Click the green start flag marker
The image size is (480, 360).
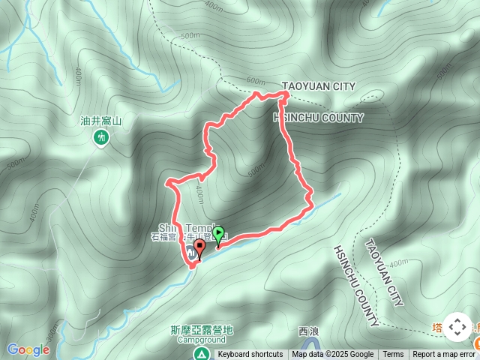[218, 235]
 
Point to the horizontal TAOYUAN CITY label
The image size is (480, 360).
[318, 87]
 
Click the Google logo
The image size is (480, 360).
[28, 349]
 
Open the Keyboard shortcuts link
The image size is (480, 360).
[250, 355]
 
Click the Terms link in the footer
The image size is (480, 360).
[393, 355]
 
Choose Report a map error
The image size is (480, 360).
[443, 355]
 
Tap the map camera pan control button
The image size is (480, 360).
[457, 327]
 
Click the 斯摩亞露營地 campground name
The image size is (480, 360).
[202, 329]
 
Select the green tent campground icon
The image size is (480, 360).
[200, 353]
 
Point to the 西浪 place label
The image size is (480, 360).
[308, 331]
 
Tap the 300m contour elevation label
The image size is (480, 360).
[50, 331]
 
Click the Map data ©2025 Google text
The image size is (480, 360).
[333, 355]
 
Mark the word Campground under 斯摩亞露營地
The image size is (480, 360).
[202, 339]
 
